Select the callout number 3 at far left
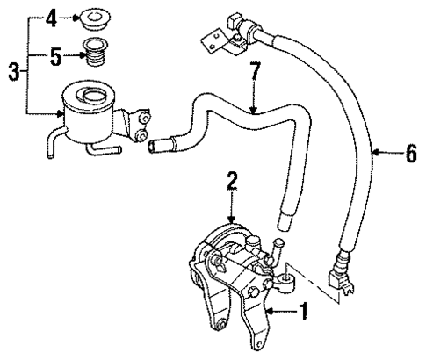pyautogui.click(x=11, y=69)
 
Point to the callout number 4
pyautogui.click(x=51, y=16)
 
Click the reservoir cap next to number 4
pyautogui.click(x=90, y=17)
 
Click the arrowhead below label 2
pyautogui.click(x=232, y=220)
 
